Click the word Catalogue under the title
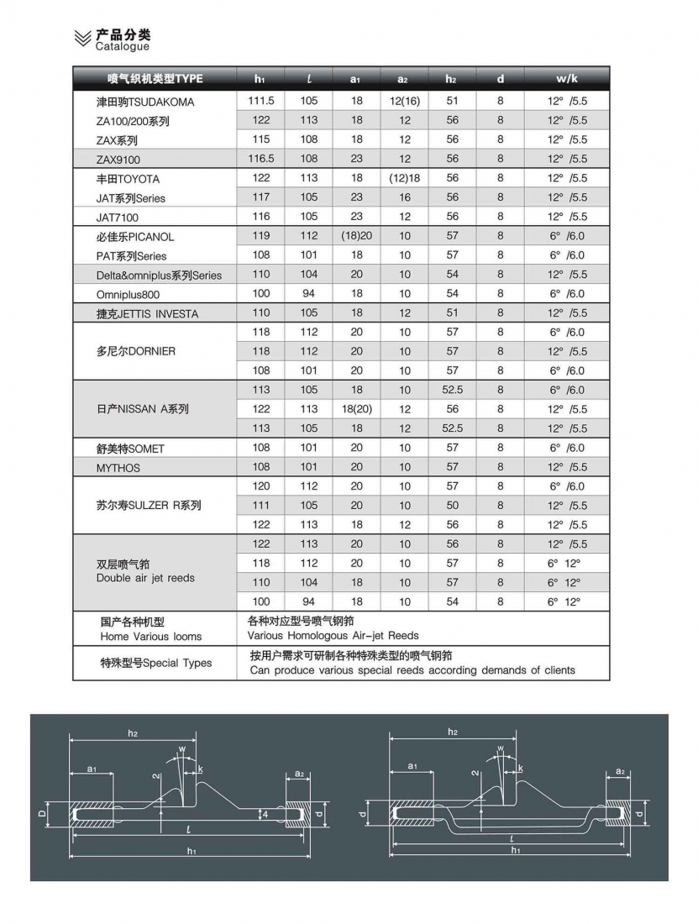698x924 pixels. pyautogui.click(x=122, y=47)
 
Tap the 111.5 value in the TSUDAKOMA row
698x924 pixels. pyautogui.click(x=261, y=101)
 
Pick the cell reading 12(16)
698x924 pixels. pyautogui.click(x=405, y=101)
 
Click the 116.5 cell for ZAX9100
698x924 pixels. pyautogui.click(x=261, y=159)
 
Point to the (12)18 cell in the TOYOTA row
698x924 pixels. pyautogui.click(x=405, y=178)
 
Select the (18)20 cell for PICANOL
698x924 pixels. pyautogui.click(x=357, y=236)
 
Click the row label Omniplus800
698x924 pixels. pyautogui.click(x=128, y=295)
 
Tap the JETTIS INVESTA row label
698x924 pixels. pyautogui.click(x=147, y=314)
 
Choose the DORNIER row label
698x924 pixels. pyautogui.click(x=136, y=351)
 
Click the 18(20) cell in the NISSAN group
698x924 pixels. pyautogui.click(x=357, y=409)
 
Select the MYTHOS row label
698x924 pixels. pyautogui.click(x=118, y=468)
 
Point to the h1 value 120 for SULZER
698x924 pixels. pyautogui.click(x=261, y=486)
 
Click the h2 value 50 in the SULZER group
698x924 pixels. pyautogui.click(x=453, y=506)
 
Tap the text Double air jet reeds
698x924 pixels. pyautogui.click(x=145, y=578)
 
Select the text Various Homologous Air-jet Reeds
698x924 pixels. pyautogui.click(x=333, y=636)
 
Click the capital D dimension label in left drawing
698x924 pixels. pyautogui.click(x=43, y=813)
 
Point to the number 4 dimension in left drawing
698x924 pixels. pyautogui.click(x=265, y=813)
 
